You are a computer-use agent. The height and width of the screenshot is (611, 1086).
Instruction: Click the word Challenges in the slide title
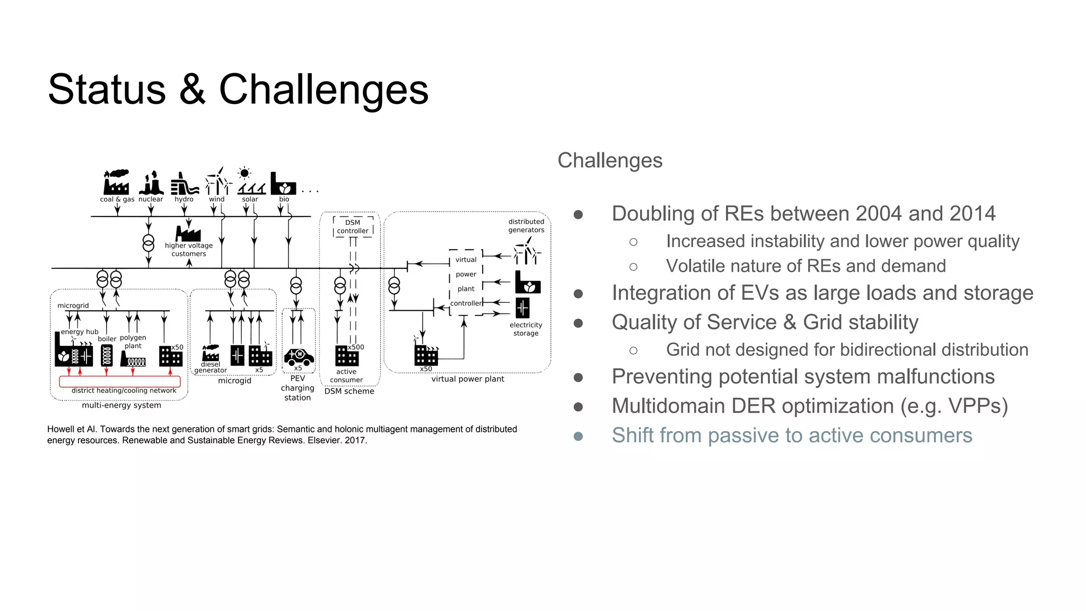tap(323, 89)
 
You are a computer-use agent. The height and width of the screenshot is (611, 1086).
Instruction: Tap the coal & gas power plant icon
tap(116, 182)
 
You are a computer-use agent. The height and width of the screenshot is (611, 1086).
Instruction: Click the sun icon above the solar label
tap(244, 173)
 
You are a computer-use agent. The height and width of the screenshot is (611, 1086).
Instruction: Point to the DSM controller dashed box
tap(353, 226)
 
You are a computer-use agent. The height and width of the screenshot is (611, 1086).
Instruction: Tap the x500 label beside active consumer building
tap(356, 347)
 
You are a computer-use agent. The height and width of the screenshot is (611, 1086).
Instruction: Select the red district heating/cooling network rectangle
tap(120, 381)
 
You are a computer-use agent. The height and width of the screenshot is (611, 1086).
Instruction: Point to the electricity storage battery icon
tap(522, 308)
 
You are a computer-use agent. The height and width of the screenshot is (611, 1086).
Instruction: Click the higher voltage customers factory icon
tap(188, 233)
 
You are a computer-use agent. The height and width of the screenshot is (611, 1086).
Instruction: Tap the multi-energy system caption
tap(121, 405)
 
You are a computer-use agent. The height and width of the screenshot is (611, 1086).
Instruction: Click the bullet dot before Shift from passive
tap(578, 436)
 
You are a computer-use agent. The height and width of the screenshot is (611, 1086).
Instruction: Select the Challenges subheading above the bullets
tap(610, 160)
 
